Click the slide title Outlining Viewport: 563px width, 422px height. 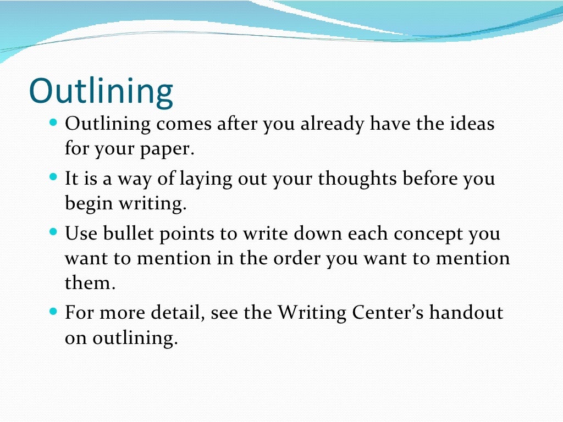click(x=101, y=91)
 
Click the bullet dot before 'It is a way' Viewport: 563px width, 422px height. click(x=53, y=177)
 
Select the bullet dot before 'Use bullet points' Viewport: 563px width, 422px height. click(x=53, y=232)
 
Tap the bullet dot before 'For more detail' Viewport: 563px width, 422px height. click(x=53, y=311)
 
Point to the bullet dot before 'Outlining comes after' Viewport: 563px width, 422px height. click(x=53, y=122)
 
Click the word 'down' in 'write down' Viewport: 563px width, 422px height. click(x=318, y=234)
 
